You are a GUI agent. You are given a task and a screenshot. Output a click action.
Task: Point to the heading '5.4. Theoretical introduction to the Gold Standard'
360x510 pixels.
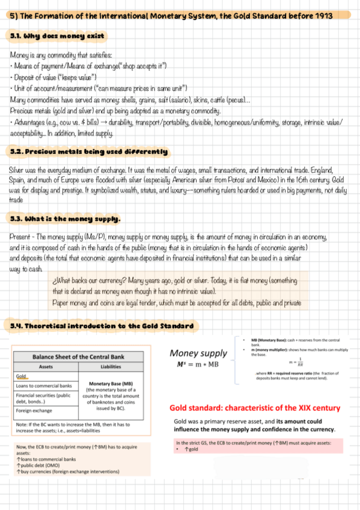(x=102, y=327)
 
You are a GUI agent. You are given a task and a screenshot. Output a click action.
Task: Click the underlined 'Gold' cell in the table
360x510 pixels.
(x=23, y=376)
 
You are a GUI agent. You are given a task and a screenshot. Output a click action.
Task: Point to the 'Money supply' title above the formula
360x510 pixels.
(x=198, y=353)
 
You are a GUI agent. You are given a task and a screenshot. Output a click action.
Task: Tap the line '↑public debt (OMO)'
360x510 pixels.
(x=40, y=465)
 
